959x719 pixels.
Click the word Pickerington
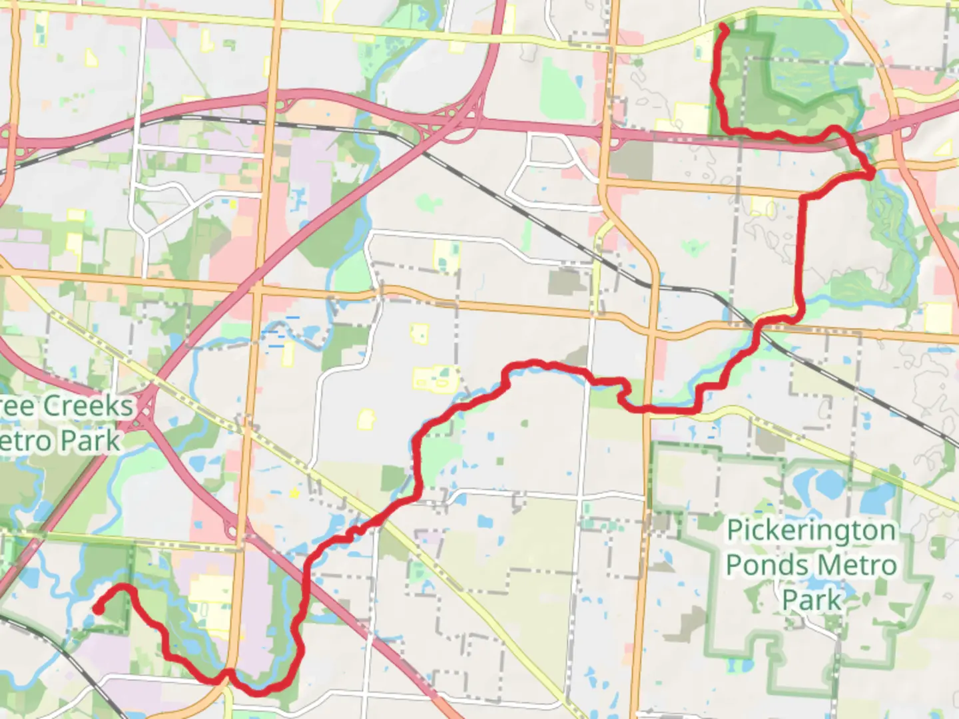(810, 531)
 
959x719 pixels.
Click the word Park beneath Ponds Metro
(811, 599)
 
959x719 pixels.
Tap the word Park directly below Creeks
(91, 441)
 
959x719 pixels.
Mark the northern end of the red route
(723, 26)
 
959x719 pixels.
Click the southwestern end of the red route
(97, 608)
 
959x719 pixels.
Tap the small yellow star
(294, 493)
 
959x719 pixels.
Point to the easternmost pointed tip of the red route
(872, 174)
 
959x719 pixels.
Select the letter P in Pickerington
(734, 531)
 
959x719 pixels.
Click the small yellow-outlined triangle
(366, 419)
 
